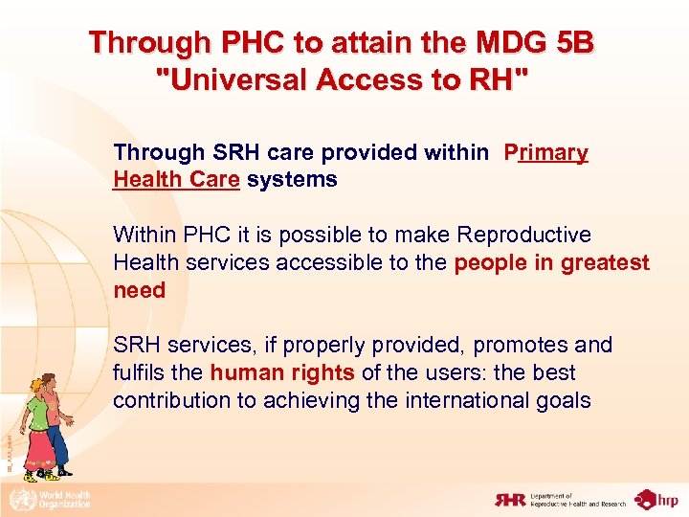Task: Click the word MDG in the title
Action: coord(500,43)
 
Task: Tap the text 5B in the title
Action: coord(573,43)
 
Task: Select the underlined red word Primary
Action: coord(546,152)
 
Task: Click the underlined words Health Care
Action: coord(176,179)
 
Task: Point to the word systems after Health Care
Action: coord(292,179)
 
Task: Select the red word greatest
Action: coord(607,262)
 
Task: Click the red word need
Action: coord(139,290)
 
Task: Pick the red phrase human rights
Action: coord(282,372)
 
